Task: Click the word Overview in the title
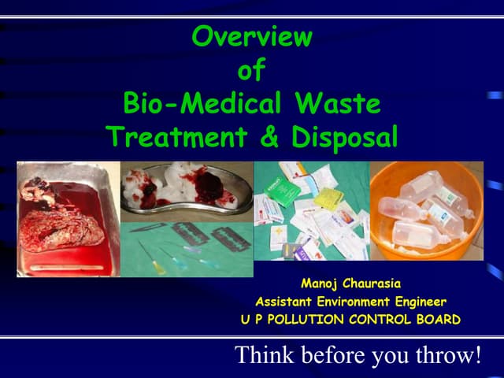[x=252, y=37]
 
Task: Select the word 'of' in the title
[x=251, y=71]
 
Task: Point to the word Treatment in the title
[x=176, y=138]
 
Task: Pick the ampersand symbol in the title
[x=270, y=138]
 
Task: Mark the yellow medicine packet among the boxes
[x=328, y=198]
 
